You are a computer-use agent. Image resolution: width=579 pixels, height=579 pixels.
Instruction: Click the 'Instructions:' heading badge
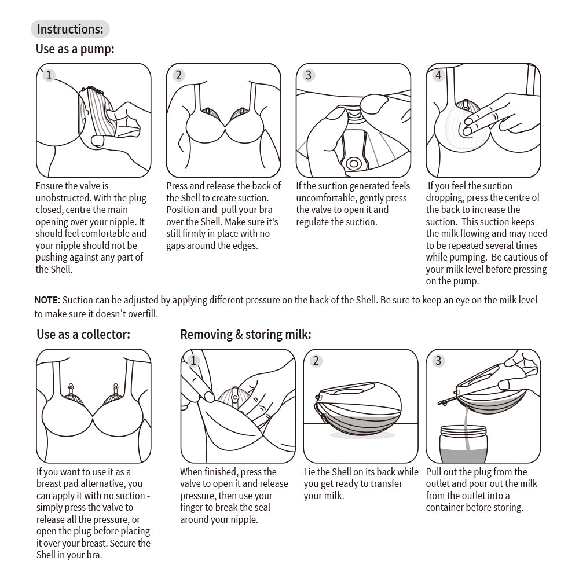70,29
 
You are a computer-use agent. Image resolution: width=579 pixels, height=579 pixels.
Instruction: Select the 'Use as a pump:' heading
75,49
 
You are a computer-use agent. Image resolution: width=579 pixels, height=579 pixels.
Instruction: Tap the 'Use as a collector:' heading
83,334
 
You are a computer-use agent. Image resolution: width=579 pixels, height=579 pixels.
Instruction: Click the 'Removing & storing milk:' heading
245,334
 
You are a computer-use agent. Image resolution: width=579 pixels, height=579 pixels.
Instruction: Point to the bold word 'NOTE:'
47,300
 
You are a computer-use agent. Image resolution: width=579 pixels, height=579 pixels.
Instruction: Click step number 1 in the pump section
49,75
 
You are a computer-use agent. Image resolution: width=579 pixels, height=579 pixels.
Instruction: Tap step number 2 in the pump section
178,75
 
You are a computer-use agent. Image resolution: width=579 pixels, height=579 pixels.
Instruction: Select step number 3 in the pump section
308,75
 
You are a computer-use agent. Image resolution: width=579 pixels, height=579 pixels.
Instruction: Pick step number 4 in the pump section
438,75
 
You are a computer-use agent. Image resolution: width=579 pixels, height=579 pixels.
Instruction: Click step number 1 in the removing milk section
193,361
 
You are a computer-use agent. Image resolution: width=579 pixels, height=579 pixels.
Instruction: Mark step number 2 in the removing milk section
316,361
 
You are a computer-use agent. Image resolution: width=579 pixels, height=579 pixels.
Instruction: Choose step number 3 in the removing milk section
438,361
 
